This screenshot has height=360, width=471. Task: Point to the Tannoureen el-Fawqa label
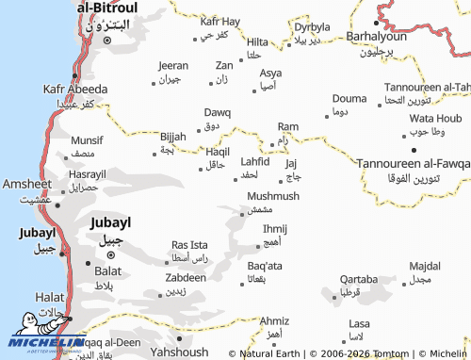(413, 163)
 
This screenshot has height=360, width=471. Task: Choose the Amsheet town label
(27, 184)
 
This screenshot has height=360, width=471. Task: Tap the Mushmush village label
(273, 196)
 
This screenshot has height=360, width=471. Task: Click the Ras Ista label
(189, 244)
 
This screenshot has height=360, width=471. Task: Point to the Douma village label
(349, 98)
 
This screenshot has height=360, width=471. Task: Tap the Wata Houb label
(435, 118)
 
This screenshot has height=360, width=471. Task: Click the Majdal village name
(426, 267)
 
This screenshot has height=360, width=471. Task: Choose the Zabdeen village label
(186, 278)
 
